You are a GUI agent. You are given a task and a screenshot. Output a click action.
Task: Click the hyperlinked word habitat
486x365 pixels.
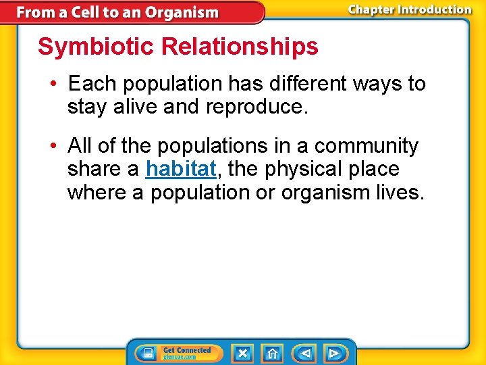(x=180, y=169)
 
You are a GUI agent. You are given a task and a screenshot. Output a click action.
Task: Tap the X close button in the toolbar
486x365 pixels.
(x=242, y=353)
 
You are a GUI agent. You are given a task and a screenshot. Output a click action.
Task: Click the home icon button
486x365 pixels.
(x=272, y=353)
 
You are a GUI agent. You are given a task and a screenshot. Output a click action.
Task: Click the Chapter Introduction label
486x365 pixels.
(x=409, y=10)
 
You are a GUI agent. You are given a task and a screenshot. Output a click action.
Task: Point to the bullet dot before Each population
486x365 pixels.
(x=53, y=84)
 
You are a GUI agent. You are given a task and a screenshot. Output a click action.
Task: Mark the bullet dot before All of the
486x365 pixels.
(x=53, y=146)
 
